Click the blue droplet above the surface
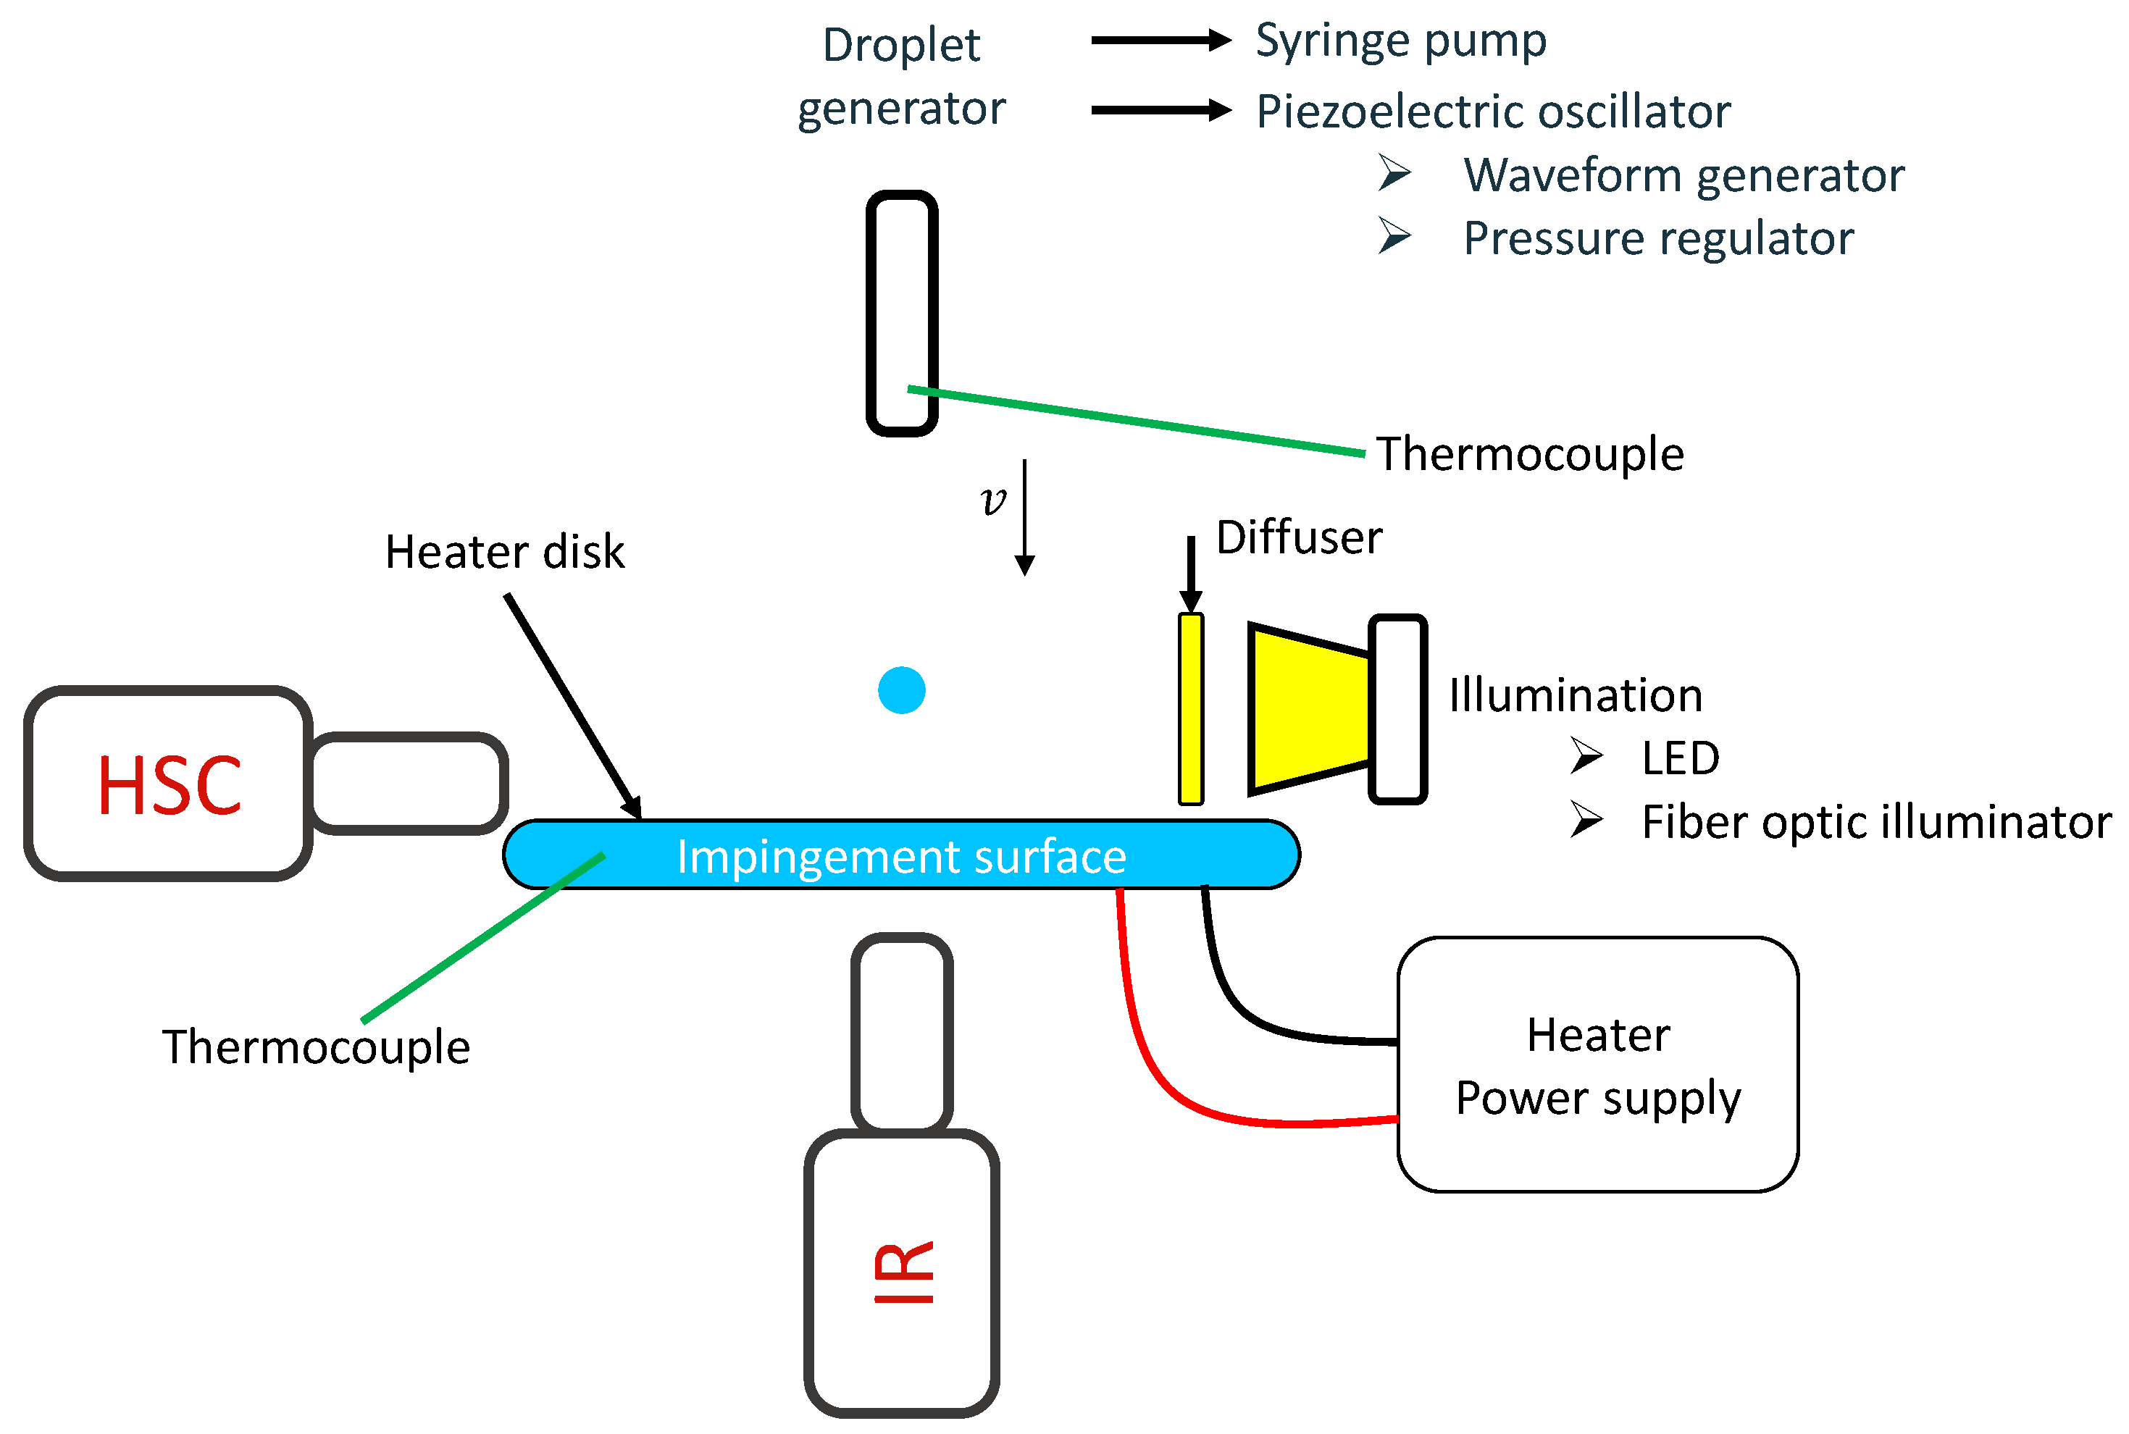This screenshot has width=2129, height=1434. click(901, 689)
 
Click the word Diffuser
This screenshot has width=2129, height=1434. click(1299, 537)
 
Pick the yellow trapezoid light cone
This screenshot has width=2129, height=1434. click(1309, 709)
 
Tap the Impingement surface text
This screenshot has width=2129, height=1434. click(901, 857)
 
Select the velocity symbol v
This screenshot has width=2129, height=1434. click(992, 501)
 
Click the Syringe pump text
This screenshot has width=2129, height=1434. click(1401, 42)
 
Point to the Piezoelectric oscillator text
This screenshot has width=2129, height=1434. click(1492, 112)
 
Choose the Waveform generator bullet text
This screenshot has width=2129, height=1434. click(1683, 175)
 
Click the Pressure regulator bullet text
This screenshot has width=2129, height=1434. click(1658, 239)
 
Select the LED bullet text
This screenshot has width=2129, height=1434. click(1680, 758)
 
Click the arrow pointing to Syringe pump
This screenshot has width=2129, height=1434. click(1160, 41)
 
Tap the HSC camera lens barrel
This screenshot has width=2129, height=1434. click(408, 784)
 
